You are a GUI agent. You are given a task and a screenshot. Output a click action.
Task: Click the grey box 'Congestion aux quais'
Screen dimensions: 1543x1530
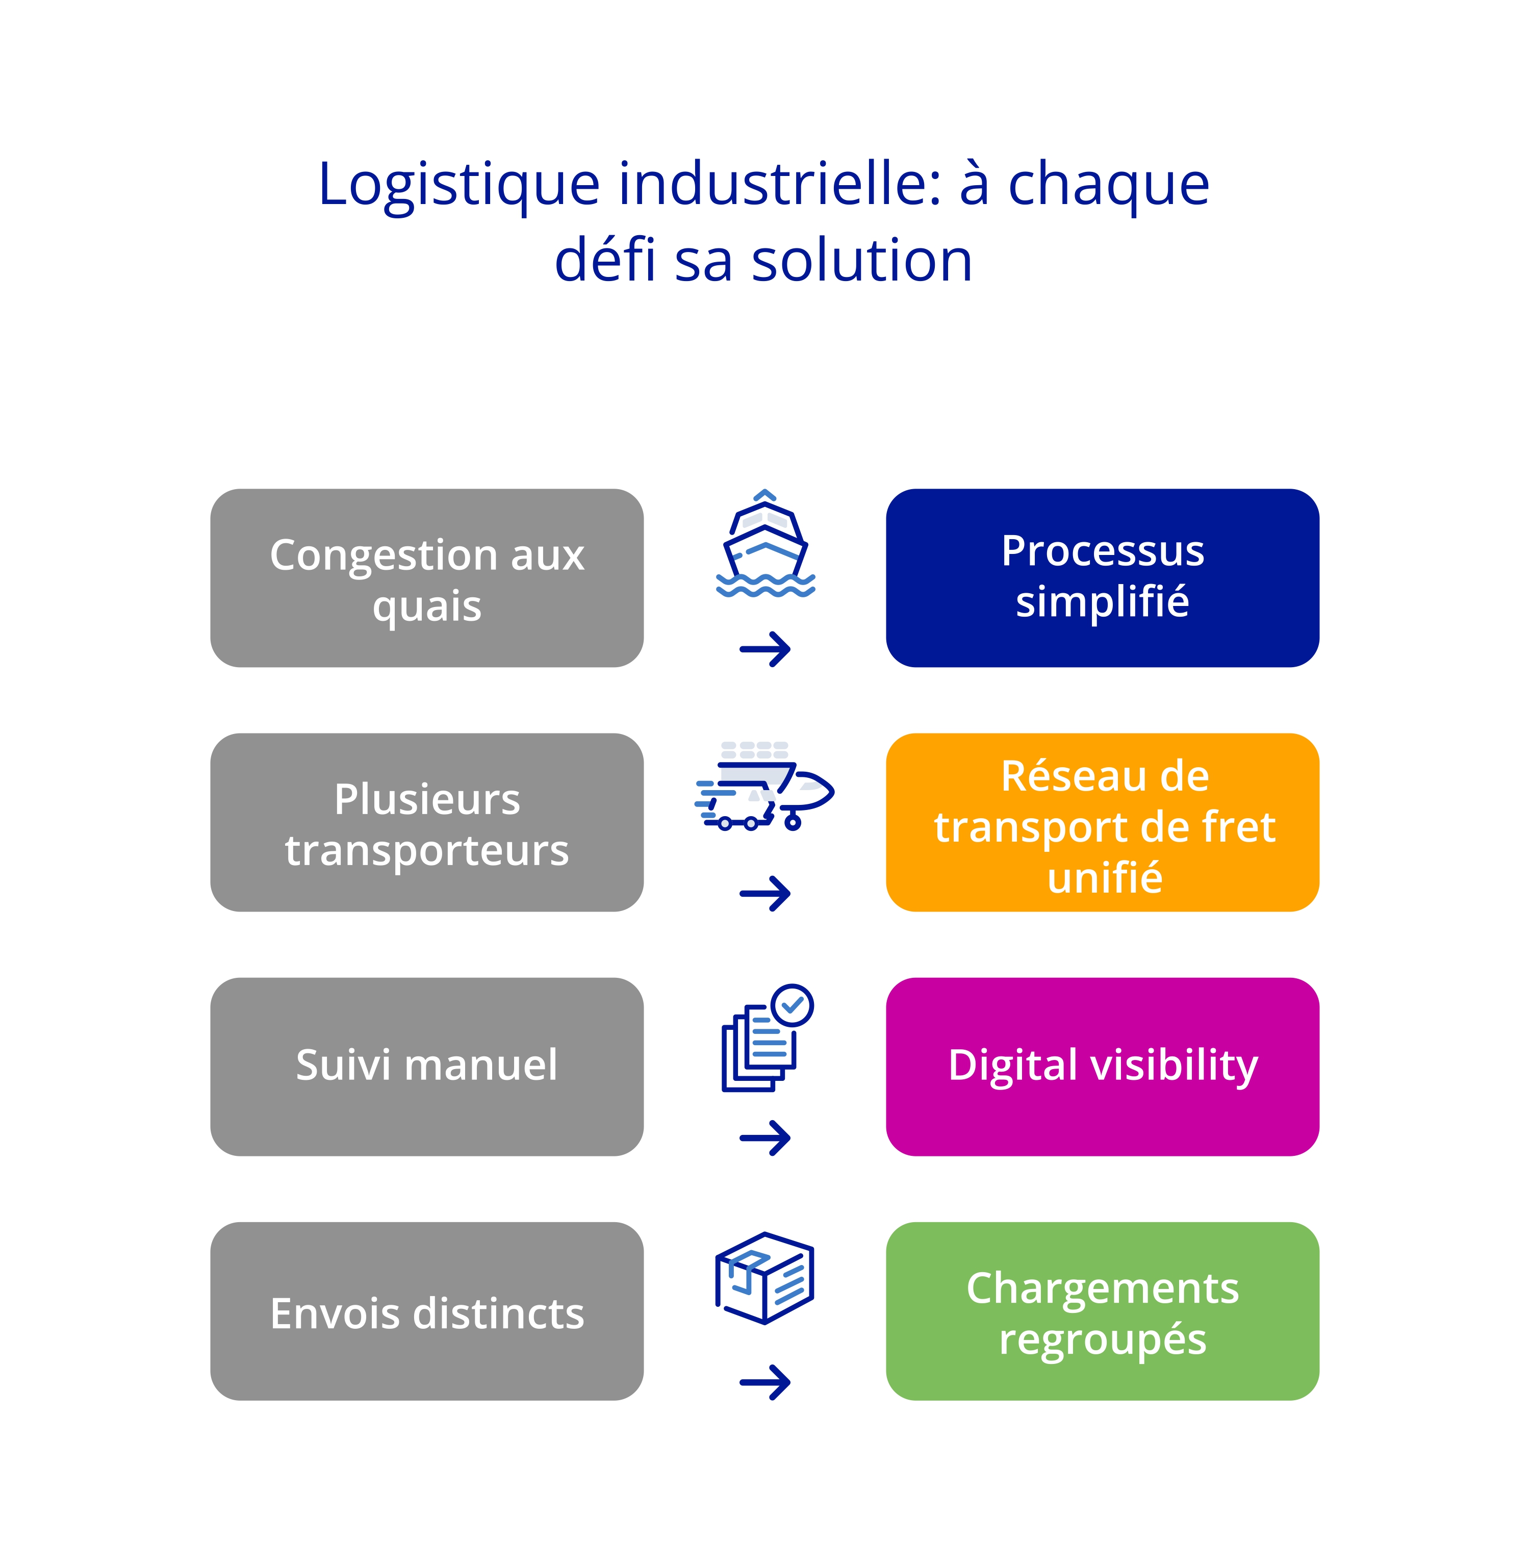pyautogui.click(x=426, y=578)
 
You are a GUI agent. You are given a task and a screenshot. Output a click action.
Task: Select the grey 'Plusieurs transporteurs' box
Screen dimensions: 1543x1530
pyautogui.click(x=426, y=823)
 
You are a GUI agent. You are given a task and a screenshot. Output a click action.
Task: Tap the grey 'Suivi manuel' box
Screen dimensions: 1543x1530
pyautogui.click(x=426, y=1067)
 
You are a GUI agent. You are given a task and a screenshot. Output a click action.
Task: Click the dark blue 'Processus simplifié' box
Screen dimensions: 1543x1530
pyautogui.click(x=1102, y=578)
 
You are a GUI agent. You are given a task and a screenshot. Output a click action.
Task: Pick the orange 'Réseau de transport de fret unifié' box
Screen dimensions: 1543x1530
pyautogui.click(x=1102, y=823)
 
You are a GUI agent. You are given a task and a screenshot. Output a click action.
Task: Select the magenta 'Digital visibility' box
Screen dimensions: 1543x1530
pyautogui.click(x=1102, y=1067)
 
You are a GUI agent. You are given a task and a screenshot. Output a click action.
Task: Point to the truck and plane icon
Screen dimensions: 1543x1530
pyautogui.click(x=764, y=786)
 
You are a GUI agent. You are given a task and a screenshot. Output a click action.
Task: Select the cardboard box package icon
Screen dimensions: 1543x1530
pyautogui.click(x=764, y=1278)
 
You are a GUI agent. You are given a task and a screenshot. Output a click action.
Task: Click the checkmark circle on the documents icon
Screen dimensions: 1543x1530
pyautogui.click(x=792, y=1005)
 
